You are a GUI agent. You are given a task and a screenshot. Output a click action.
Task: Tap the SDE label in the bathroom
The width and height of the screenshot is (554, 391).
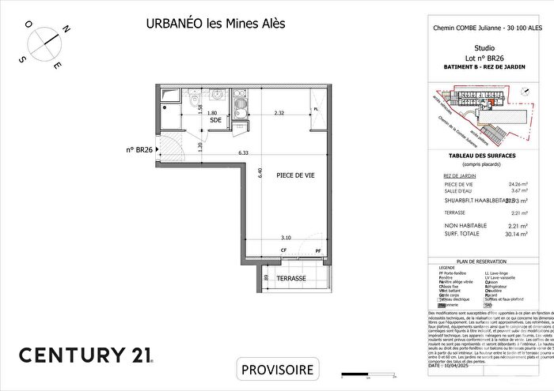[214, 120]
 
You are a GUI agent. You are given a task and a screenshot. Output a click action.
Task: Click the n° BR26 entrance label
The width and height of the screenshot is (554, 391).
[139, 148]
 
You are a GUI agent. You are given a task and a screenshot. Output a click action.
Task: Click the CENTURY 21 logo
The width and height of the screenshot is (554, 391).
[86, 355]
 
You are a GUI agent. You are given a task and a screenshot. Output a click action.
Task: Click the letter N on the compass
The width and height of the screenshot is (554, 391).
[66, 29]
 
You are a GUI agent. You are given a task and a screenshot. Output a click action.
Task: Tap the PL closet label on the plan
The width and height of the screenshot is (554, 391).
[315, 109]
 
